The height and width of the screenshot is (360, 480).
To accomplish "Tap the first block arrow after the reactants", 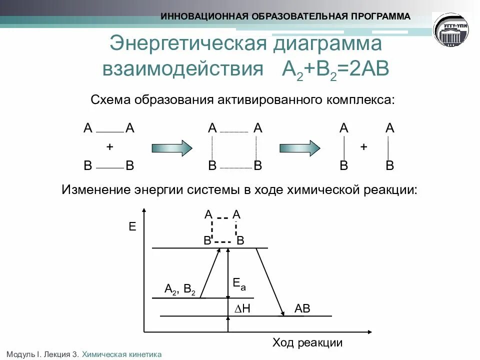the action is pos(171,147).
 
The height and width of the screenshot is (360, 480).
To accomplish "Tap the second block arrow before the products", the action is pos(299,147).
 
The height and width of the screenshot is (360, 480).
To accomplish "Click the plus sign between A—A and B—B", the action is pos(109,147).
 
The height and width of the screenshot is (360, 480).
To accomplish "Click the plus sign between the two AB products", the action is pos(364,147).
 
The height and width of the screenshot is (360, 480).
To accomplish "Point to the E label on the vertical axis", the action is pos(132,227).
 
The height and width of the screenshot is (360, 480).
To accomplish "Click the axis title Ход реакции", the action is pos(307,343).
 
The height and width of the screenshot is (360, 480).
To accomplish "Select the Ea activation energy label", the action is pos(239,285).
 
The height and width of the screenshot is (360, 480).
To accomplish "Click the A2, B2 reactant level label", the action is pos(180,289).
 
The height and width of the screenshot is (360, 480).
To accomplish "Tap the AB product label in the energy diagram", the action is pos(302,309).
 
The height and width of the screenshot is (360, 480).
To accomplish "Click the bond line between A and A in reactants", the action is pos(109,132).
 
